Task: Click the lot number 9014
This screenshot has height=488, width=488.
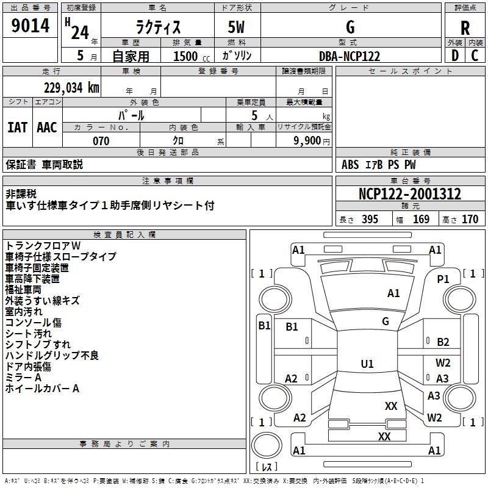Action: tap(30, 26)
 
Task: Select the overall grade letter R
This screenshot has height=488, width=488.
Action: tap(465, 27)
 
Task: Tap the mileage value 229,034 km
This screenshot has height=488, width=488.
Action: tap(71, 88)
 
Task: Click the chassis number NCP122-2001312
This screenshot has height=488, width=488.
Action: tap(410, 193)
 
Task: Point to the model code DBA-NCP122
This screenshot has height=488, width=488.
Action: tap(350, 56)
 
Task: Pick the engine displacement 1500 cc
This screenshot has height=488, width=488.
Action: tap(192, 56)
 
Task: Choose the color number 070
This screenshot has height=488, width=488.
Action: tap(101, 141)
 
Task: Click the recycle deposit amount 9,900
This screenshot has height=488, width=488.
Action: tap(307, 140)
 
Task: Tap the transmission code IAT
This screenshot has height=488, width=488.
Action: tap(18, 127)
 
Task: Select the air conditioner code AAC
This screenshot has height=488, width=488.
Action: tap(47, 127)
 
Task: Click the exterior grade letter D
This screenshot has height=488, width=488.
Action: tap(455, 56)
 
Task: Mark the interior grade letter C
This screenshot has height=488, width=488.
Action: tap(475, 56)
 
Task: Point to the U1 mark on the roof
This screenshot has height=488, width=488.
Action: tap(367, 364)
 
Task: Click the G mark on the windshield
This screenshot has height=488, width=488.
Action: tap(386, 321)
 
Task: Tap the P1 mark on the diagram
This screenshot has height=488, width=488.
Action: tap(443, 279)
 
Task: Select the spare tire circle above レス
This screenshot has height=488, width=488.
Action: tap(267, 445)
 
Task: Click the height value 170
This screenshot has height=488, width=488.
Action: tap(470, 219)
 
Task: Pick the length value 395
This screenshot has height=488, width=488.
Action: tap(370, 219)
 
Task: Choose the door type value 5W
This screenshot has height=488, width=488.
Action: tap(236, 27)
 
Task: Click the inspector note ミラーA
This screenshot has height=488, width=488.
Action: tap(23, 378)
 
